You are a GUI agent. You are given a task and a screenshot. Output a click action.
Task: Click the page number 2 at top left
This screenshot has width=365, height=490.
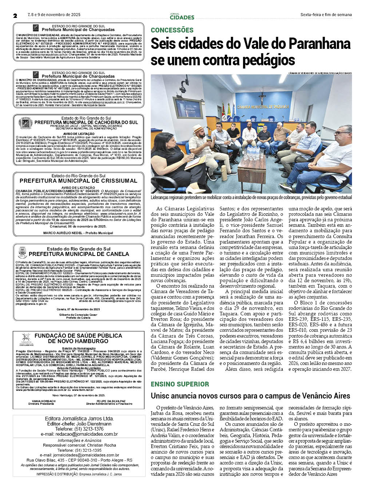(x=15, y=15)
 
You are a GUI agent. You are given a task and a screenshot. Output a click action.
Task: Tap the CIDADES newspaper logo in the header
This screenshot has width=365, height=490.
(x=182, y=16)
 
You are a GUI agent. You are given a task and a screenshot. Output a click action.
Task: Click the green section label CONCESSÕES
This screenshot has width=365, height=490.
(x=172, y=30)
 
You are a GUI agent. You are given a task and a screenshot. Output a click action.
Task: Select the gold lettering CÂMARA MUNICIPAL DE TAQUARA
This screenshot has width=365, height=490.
(x=263, y=107)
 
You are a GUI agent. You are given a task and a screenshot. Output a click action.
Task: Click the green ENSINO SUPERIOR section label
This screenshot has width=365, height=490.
(x=180, y=384)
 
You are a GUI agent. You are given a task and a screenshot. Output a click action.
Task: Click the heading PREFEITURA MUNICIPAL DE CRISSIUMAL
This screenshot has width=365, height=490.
(x=78, y=181)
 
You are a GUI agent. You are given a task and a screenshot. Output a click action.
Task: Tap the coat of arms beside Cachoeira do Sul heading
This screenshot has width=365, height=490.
(x=25, y=123)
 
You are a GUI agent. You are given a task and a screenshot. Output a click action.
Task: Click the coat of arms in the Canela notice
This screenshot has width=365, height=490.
(x=22, y=252)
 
